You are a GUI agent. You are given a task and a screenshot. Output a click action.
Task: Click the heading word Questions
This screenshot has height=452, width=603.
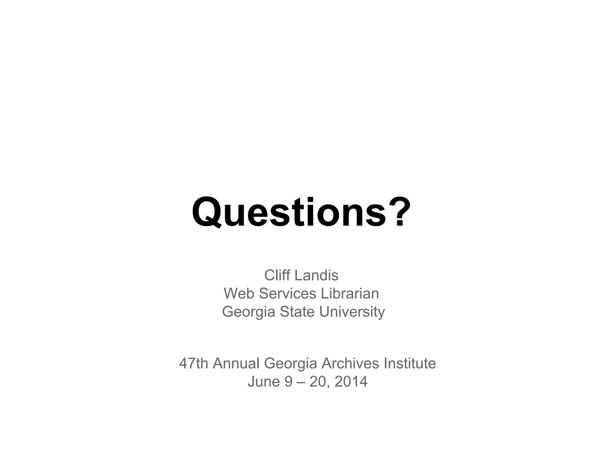click(x=289, y=212)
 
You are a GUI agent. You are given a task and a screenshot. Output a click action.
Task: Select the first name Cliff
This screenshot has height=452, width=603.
click(x=277, y=275)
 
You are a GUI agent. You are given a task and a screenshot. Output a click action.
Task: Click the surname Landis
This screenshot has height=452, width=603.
click(x=316, y=275)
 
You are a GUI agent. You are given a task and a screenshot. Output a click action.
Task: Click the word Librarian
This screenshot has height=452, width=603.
click(x=350, y=293)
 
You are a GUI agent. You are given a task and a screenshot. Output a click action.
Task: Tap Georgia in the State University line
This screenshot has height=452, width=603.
click(x=248, y=312)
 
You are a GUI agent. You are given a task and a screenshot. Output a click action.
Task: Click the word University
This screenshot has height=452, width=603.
click(x=352, y=312)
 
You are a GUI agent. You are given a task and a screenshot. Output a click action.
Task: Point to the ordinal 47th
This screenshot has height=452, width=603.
click(x=193, y=363)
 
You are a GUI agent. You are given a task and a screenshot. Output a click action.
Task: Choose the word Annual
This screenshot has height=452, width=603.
click(x=236, y=363)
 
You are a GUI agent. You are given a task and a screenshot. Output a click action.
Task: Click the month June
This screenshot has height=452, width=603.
click(x=264, y=381)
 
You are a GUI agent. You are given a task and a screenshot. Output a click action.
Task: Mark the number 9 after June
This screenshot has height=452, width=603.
click(x=289, y=381)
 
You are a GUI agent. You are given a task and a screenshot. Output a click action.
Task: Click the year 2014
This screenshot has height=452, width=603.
click(x=351, y=381)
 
